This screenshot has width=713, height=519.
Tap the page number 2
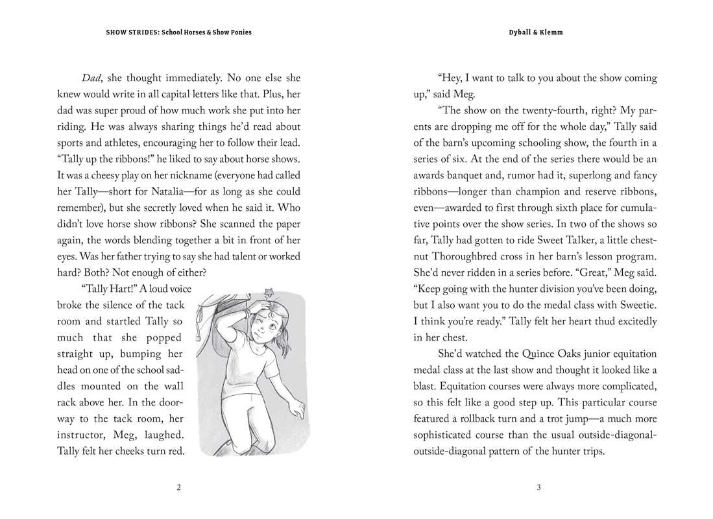coord(178,489)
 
